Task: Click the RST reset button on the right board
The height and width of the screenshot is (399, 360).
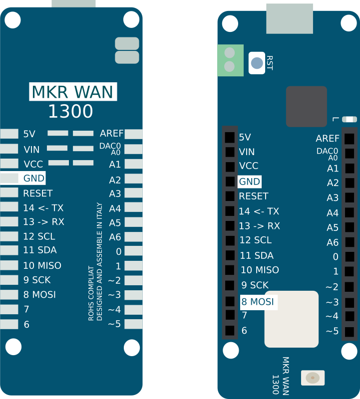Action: [x=257, y=63]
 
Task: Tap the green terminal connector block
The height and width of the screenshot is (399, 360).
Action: [x=230, y=60]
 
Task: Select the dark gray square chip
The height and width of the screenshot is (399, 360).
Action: [x=307, y=106]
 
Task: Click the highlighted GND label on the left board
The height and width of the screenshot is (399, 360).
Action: [x=34, y=178]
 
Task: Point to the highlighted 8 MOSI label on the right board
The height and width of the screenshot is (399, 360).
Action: [x=257, y=302]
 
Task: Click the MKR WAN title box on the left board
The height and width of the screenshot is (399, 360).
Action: [x=73, y=92]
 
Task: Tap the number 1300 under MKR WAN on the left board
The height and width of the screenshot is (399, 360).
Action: [x=70, y=112]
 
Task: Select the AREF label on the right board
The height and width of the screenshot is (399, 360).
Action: [x=328, y=139]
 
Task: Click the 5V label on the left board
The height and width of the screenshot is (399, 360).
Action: [x=29, y=134]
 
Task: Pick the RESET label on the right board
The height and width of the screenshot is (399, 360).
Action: [x=253, y=196]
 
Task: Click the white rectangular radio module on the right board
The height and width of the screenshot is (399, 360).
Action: [x=292, y=319]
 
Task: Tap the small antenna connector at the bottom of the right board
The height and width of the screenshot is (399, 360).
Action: [x=313, y=378]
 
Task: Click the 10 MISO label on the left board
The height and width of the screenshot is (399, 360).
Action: [x=42, y=266]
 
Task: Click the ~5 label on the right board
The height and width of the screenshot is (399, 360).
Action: [x=332, y=331]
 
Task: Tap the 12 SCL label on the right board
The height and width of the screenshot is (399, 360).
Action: [x=256, y=240]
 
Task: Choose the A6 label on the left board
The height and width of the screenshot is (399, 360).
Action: [x=115, y=237]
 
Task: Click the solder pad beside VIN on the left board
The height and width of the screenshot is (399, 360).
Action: [x=9, y=149]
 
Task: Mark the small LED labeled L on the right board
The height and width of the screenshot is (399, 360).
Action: [x=350, y=119]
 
